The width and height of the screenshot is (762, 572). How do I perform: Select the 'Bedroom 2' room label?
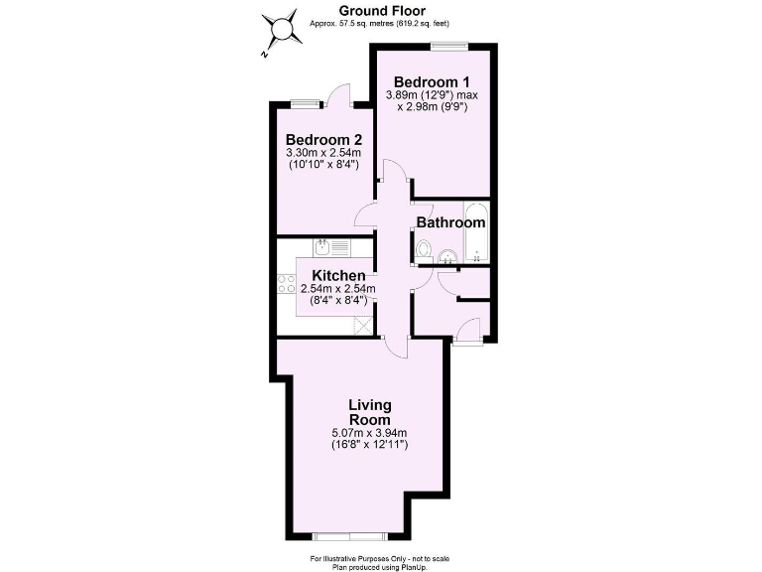coord(323,140)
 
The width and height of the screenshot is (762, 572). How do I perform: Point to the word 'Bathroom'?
coord(449,221)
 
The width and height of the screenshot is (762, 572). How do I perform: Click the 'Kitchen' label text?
coord(338,275)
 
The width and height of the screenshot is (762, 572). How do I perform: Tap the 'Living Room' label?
coord(369,412)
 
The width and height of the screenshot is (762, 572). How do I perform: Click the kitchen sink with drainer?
coord(330,247)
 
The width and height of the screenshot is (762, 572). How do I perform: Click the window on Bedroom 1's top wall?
coord(449,45)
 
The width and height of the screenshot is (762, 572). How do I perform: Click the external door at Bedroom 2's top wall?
coord(340,96)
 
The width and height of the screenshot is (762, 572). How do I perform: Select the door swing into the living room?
coord(396,347)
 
